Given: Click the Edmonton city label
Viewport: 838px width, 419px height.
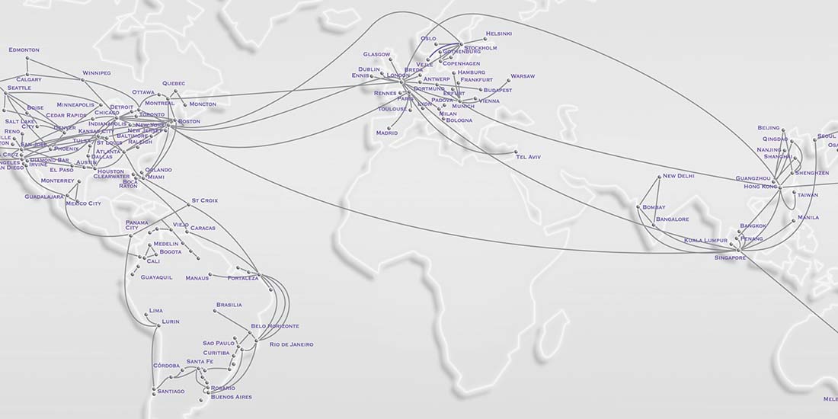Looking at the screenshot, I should tap(24, 50).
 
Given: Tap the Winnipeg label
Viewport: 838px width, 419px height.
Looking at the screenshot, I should tap(97, 73).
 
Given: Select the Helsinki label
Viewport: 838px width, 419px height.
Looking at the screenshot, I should tap(499, 34).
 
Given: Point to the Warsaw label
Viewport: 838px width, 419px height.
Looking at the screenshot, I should tap(523, 76).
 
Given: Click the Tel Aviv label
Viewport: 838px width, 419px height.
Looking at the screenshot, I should tap(529, 156).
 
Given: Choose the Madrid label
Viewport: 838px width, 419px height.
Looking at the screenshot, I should tap(386, 133).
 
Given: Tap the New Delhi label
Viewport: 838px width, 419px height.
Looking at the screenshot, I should tap(679, 176).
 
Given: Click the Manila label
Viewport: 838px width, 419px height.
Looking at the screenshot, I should tap(808, 217).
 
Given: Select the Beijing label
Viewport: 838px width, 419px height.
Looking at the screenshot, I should tap(769, 128).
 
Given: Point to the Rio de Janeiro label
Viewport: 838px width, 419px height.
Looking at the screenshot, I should tap(291, 344).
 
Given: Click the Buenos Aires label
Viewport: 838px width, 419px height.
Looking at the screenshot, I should tap(231, 397).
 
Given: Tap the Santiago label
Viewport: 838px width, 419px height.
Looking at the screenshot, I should tap(171, 392).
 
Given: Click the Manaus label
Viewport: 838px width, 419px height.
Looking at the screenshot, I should tap(197, 278).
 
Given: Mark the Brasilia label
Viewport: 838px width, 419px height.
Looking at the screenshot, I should tap(229, 305).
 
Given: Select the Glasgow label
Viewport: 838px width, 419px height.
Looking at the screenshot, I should tap(377, 54).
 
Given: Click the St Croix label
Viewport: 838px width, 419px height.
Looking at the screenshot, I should tap(204, 200).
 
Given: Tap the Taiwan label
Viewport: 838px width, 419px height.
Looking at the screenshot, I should tap(808, 195).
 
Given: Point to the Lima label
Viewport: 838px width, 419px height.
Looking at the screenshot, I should tap(156, 311).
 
